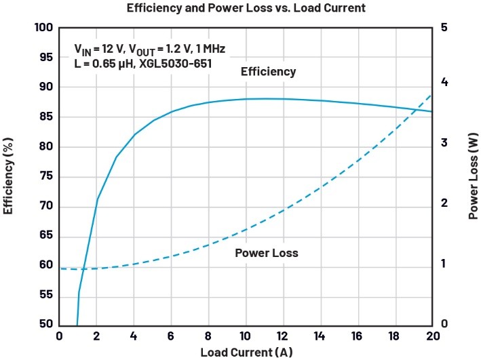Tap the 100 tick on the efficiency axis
click(x=43, y=28)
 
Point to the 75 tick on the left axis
click(x=47, y=176)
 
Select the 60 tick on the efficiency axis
click(x=47, y=265)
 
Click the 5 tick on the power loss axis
click(x=444, y=28)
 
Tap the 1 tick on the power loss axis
click(x=444, y=265)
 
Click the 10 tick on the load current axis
click(x=246, y=337)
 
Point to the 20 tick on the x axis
click(x=431, y=337)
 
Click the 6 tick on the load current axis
click(x=171, y=337)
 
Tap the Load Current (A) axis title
click(x=246, y=353)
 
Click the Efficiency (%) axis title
click(x=9, y=176)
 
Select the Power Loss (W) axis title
click(x=473, y=176)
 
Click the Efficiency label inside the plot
click(x=269, y=71)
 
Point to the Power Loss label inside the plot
click(x=267, y=253)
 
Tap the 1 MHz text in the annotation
click(x=206, y=49)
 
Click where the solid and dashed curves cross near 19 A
click(x=415, y=109)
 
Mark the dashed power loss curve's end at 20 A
click(x=431, y=94)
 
